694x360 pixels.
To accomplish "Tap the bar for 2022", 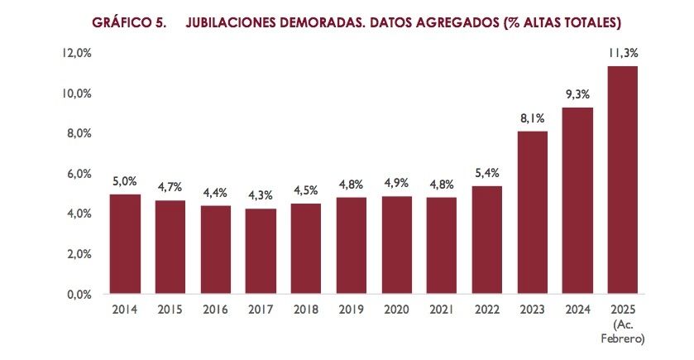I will tap(486, 240).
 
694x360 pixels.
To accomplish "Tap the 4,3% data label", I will tap(261, 195).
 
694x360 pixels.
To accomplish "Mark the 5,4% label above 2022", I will tap(486, 173).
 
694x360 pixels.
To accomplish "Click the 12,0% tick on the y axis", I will tap(76, 53).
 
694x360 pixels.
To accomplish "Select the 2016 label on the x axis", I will tap(215, 310).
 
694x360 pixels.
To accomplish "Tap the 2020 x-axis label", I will tap(396, 310).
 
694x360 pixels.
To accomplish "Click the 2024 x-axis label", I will tap(577, 310).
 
